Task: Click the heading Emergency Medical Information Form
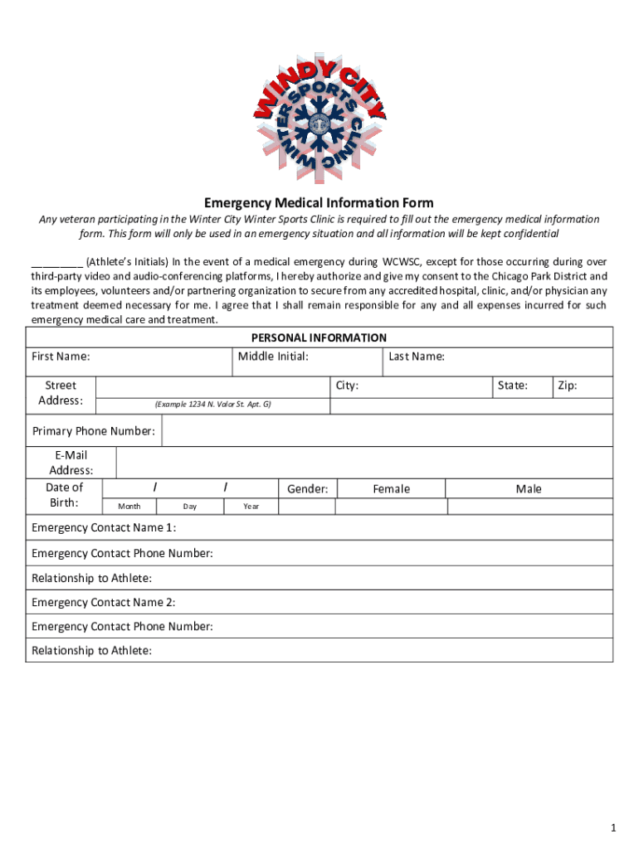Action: (319, 203)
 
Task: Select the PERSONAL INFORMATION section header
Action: (319, 337)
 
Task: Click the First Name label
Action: (61, 357)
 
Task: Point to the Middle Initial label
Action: (273, 357)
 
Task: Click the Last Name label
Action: (417, 357)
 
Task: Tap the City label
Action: (347, 386)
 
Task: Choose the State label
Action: (512, 386)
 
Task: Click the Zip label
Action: (568, 386)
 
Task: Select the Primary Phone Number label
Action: (94, 431)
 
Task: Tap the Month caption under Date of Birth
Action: (129, 506)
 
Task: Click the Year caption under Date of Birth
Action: (251, 506)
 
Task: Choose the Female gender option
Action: (391, 489)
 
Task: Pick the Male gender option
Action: (529, 489)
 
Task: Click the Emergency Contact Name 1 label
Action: (104, 528)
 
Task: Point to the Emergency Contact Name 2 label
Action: (104, 602)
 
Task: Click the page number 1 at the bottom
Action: (612, 828)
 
